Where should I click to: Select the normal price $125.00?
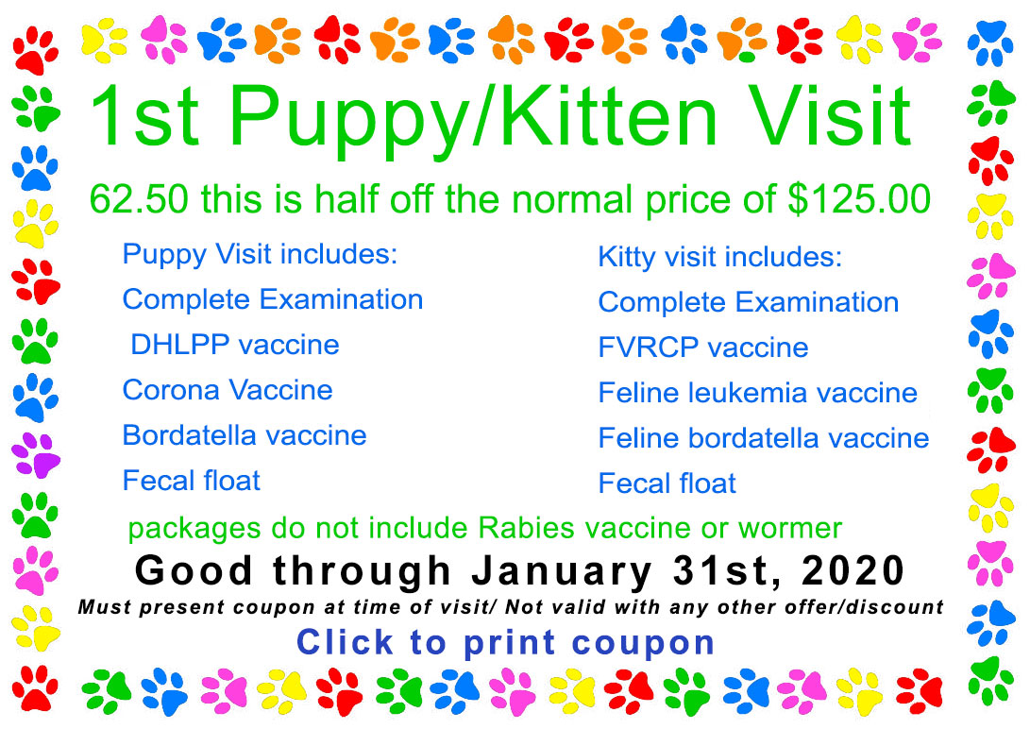click(859, 199)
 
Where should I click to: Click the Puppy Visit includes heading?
click(261, 254)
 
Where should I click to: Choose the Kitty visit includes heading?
click(719, 257)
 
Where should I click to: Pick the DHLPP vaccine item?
click(235, 345)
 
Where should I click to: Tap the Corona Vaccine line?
click(228, 390)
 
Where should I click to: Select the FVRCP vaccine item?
click(703, 348)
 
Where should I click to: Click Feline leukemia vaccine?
click(757, 393)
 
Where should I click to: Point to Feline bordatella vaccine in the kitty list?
click(764, 438)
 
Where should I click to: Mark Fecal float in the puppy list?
click(192, 481)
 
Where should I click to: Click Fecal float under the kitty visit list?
click(667, 483)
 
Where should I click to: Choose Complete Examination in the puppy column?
click(273, 299)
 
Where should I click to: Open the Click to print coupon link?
click(506, 642)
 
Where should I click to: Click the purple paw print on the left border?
click(35, 454)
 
